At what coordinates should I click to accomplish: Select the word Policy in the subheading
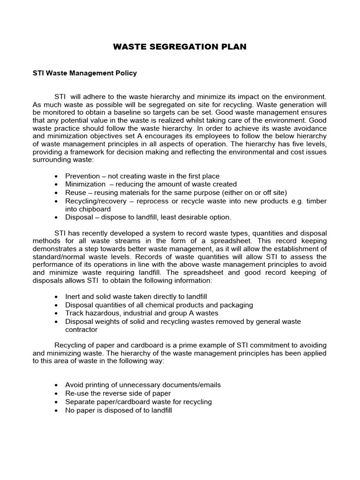(125, 74)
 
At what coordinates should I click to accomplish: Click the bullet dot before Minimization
(57, 184)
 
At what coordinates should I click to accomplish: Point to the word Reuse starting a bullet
(75, 193)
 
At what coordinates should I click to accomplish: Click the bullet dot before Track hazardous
(57, 313)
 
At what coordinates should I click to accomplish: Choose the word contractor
(82, 329)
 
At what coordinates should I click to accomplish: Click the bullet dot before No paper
(57, 410)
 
